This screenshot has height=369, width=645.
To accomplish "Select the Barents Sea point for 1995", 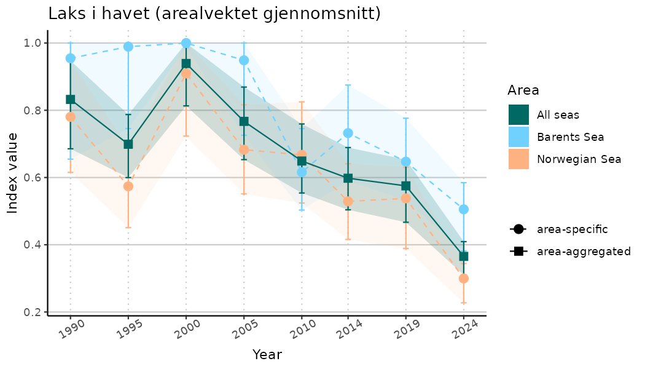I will pos(128,47).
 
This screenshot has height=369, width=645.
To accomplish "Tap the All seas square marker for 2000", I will pos(186,64).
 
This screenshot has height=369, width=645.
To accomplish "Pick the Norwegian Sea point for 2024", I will pos(464,279).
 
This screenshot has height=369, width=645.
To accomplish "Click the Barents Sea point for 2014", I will pos(348,133).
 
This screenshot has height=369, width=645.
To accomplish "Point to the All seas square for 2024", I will pos(464,256).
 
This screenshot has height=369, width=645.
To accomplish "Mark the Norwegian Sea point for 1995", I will pos(128,186).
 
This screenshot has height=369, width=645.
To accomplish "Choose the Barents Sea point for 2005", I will pos(244,60).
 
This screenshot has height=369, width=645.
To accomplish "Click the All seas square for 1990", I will pos(71,99).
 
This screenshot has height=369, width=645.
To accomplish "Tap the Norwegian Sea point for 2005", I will pos(244,149).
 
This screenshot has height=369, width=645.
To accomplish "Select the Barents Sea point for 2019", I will pos(405,162).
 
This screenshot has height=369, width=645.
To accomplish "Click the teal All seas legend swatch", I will pos(518,114).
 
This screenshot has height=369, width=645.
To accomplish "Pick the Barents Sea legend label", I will pos(570,137).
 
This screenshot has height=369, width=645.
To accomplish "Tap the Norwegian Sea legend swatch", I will pos(518,159).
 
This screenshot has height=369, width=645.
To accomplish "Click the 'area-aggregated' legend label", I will pos(584,251).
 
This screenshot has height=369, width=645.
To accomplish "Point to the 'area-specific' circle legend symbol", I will pos(518,229).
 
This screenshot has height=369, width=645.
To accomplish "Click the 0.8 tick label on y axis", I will pos(32,111).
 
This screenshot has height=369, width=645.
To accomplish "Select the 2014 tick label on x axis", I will pos(346,331).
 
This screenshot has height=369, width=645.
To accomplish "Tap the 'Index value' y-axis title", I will pos(12,173).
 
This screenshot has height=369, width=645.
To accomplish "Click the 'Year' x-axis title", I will pos(267,355).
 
